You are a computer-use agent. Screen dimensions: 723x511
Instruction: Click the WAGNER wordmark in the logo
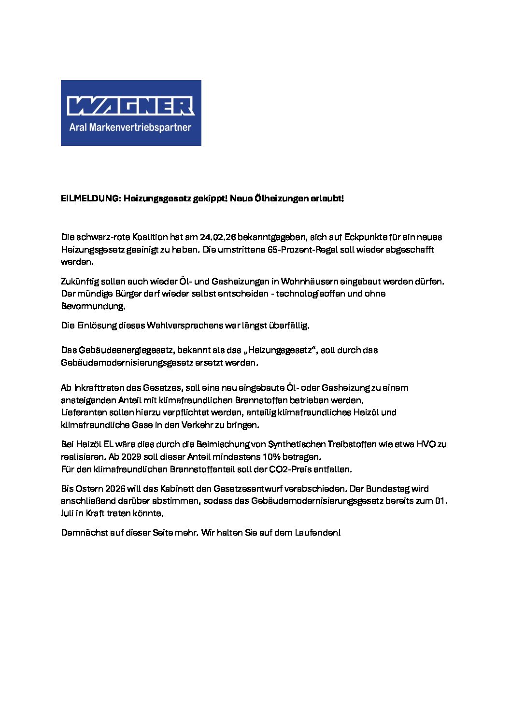click(130, 106)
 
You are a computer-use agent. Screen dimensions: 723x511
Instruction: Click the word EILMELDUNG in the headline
click(90, 198)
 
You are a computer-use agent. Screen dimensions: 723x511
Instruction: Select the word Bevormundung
click(93, 306)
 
